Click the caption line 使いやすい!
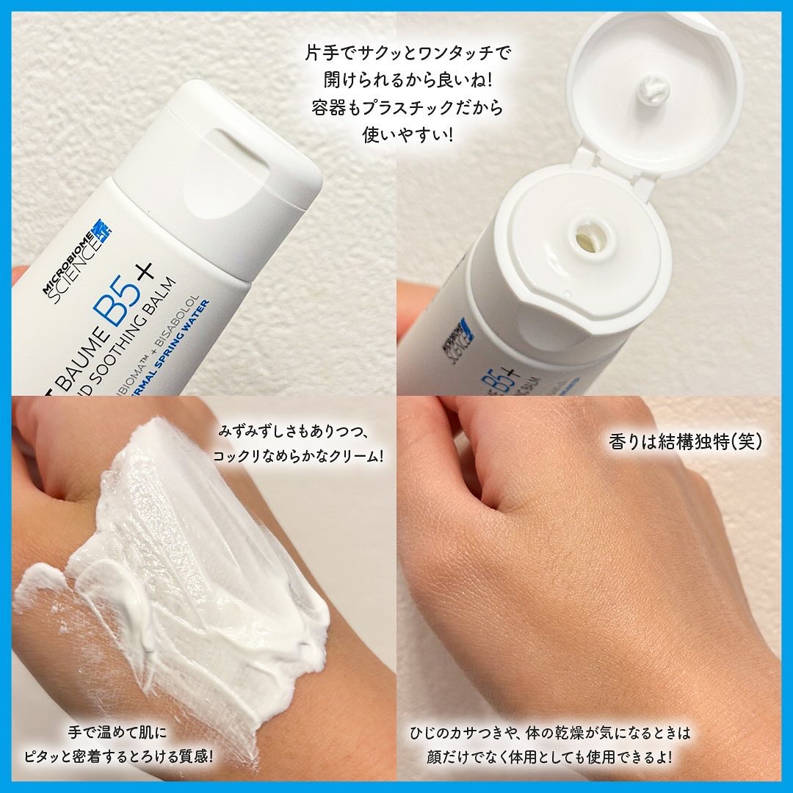pos(408,135)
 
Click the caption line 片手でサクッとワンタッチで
pos(407,54)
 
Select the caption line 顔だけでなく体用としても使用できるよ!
pos(550,755)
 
